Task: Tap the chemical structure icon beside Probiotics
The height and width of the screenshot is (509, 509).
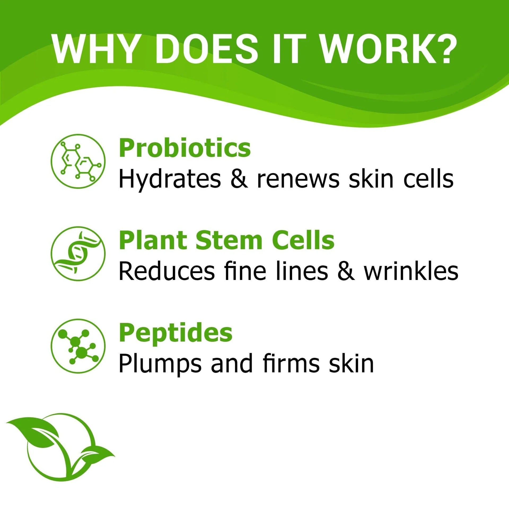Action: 78,161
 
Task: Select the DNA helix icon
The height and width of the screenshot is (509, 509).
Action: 78,254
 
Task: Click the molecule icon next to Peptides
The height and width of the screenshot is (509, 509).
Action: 78,346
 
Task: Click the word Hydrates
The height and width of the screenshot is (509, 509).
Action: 170,179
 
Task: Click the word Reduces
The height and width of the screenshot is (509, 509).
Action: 166,271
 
